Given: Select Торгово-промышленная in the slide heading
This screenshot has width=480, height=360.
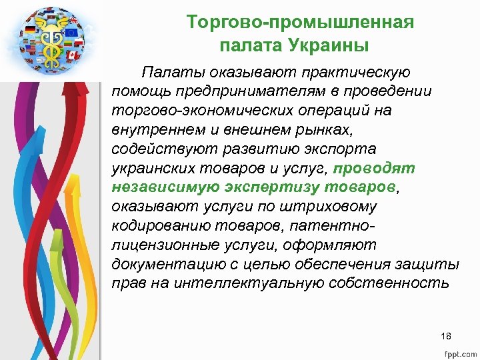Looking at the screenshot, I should [x=301, y=23].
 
